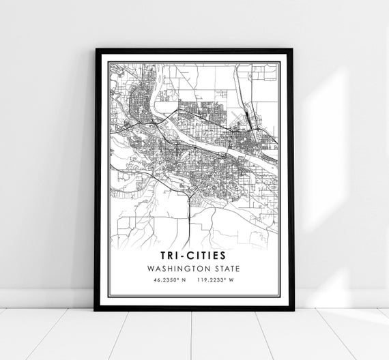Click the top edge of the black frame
click(x=194, y=50)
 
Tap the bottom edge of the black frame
click(x=194, y=308)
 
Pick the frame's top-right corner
click(x=291, y=50)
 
